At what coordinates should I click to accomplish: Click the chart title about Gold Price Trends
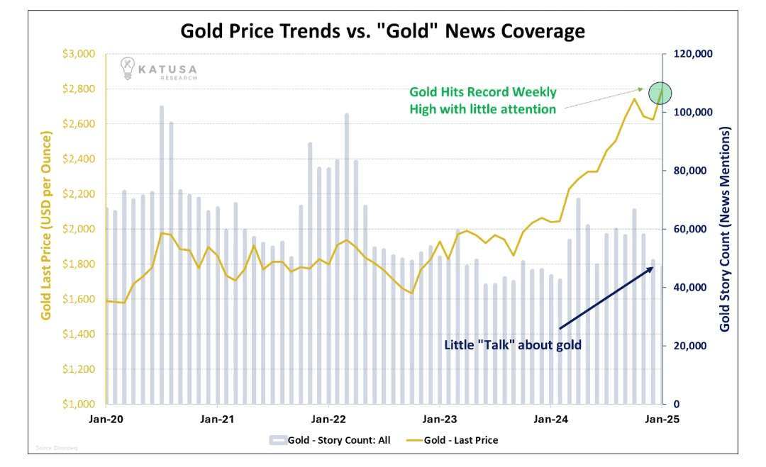click(382, 31)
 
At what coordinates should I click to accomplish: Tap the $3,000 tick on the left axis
click(79, 55)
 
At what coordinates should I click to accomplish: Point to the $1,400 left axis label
click(79, 334)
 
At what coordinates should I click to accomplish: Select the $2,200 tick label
click(79, 194)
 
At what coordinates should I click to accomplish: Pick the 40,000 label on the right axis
click(687, 288)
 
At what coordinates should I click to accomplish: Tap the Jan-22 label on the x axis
click(328, 419)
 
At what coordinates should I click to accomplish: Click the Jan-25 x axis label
click(662, 419)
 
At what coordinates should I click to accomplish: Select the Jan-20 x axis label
click(106, 419)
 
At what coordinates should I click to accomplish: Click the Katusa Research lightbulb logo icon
click(128, 67)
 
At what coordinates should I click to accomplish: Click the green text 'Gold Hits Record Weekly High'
click(482, 101)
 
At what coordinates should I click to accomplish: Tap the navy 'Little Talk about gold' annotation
click(513, 346)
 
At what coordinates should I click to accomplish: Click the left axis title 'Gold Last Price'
click(46, 225)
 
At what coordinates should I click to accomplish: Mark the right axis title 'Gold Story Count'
click(725, 230)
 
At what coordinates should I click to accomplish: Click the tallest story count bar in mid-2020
click(162, 255)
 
